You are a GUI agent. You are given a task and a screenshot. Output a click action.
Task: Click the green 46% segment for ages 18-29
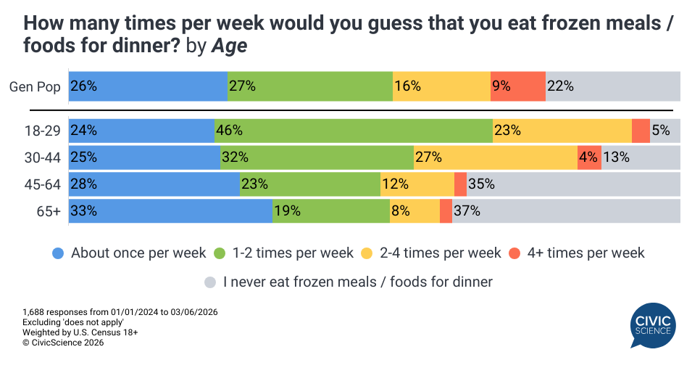tap(353, 131)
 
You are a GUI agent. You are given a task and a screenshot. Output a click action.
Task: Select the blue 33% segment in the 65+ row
tap(170, 210)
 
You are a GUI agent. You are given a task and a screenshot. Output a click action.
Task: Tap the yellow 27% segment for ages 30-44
tap(496, 158)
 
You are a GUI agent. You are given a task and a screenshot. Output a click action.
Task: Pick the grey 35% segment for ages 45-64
tap(573, 184)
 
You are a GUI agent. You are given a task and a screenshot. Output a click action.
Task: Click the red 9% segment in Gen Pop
tap(518, 86)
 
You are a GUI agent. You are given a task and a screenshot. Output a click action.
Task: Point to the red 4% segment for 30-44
tap(589, 158)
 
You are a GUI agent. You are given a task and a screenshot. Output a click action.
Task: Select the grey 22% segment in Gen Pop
tap(612, 86)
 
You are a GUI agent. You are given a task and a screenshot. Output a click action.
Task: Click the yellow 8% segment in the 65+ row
tap(414, 210)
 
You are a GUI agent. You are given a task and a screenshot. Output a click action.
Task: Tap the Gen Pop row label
tap(35, 86)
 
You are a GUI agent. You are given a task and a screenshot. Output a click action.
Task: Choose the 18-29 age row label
tap(43, 131)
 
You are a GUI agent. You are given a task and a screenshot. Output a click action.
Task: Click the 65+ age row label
tap(48, 211)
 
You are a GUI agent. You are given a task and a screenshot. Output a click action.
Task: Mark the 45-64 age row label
tap(43, 184)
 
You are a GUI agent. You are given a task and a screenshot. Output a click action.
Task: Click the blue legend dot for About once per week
tap(59, 253)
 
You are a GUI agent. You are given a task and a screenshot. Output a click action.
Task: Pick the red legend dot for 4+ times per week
tap(514, 253)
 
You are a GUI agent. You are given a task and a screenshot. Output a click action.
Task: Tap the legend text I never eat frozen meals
tap(358, 282)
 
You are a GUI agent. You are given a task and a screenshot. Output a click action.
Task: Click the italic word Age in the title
tap(228, 46)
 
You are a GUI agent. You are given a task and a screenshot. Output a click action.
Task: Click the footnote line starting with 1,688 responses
tap(120, 311)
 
